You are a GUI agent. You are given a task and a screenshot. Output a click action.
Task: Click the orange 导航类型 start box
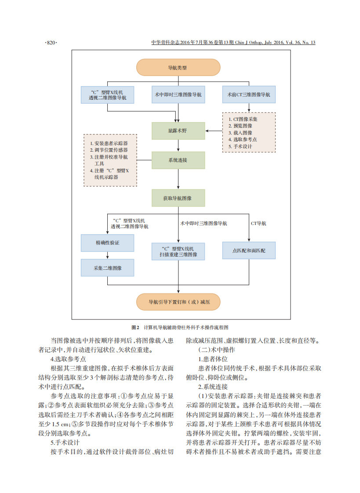[178, 68]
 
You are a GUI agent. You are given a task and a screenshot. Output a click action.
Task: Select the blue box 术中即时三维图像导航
[178, 94]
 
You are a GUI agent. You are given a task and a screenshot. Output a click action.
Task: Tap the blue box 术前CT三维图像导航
[249, 94]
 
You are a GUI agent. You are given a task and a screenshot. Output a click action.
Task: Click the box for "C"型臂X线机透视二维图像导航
[107, 95]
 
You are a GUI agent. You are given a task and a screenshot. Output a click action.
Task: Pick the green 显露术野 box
[178, 131]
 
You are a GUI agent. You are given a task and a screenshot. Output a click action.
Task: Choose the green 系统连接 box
[178, 160]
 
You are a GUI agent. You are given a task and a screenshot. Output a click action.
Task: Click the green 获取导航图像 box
[178, 198]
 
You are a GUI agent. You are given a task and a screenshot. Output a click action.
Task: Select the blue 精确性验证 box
[107, 243]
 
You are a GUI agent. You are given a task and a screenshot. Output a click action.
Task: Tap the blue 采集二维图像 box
[107, 268]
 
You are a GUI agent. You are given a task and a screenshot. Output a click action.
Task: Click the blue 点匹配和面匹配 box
[249, 250]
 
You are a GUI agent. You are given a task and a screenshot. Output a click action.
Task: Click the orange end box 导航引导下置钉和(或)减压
[178, 302]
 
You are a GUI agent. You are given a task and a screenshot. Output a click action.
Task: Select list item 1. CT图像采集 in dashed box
[243, 119]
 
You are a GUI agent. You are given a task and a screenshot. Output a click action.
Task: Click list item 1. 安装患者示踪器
[109, 143]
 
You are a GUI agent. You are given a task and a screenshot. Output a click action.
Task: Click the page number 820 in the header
[51, 43]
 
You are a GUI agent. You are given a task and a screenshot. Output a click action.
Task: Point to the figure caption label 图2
[135, 327]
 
